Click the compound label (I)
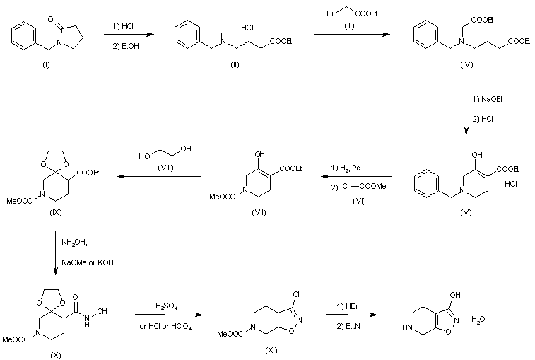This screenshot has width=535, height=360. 46,65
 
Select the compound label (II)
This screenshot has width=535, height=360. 235,65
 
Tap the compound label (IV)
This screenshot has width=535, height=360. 466,65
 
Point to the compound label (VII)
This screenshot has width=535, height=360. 259,212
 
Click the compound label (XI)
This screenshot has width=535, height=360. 271,350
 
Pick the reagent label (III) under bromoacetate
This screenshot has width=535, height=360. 349,25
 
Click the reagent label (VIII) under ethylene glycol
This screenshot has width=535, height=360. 165,168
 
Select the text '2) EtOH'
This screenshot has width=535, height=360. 126,46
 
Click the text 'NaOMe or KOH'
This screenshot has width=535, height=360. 88,262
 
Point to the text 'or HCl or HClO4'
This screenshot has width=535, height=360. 165,327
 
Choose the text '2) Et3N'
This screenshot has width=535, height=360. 348,327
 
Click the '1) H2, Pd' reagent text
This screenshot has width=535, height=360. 346,168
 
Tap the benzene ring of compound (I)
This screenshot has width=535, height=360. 24,36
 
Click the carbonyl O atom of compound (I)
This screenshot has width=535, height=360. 50,19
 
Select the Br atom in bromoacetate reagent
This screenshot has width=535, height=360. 330,13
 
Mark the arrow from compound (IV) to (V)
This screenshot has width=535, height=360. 466,108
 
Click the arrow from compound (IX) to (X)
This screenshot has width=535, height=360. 56,252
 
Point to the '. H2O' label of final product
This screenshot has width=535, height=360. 476,320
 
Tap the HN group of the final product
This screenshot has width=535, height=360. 407,327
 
